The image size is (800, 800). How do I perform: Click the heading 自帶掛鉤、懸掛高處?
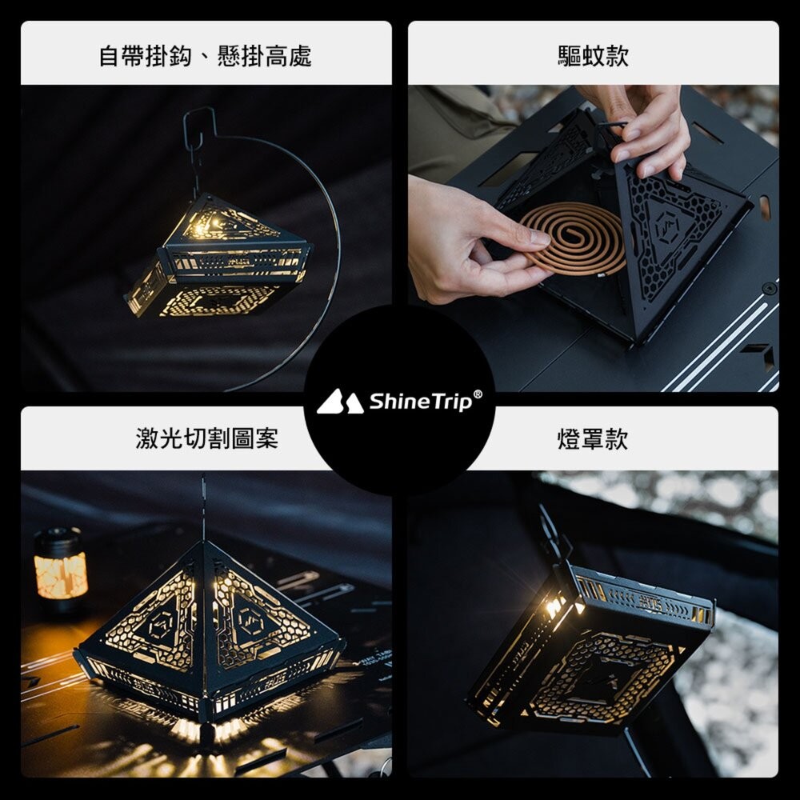(x=205, y=56)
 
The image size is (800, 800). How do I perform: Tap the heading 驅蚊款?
(x=593, y=56)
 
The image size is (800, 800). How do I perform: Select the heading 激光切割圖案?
(x=206, y=438)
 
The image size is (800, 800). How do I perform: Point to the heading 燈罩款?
(x=593, y=439)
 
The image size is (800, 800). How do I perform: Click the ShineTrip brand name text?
(x=420, y=401)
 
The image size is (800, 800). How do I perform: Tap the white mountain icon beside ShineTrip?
(x=340, y=402)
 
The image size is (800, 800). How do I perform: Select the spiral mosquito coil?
(x=571, y=238)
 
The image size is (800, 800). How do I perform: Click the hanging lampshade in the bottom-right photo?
(x=592, y=648)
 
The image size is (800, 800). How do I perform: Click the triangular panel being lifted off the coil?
(x=676, y=240)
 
